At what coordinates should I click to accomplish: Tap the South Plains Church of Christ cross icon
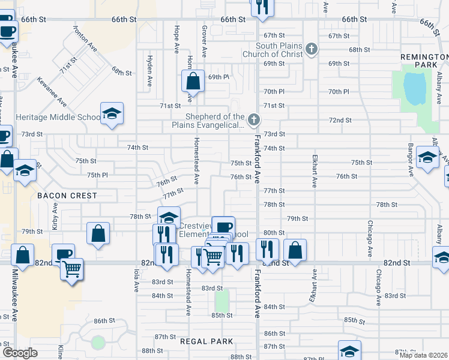311,49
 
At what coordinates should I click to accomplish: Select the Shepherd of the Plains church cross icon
254,120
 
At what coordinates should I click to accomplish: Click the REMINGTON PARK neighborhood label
424,60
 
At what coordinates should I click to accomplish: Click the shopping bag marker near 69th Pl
193,81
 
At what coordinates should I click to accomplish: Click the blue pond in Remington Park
414,88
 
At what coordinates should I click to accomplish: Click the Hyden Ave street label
149,66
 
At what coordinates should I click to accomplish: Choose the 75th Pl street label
97,175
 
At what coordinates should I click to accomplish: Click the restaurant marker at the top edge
262,6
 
